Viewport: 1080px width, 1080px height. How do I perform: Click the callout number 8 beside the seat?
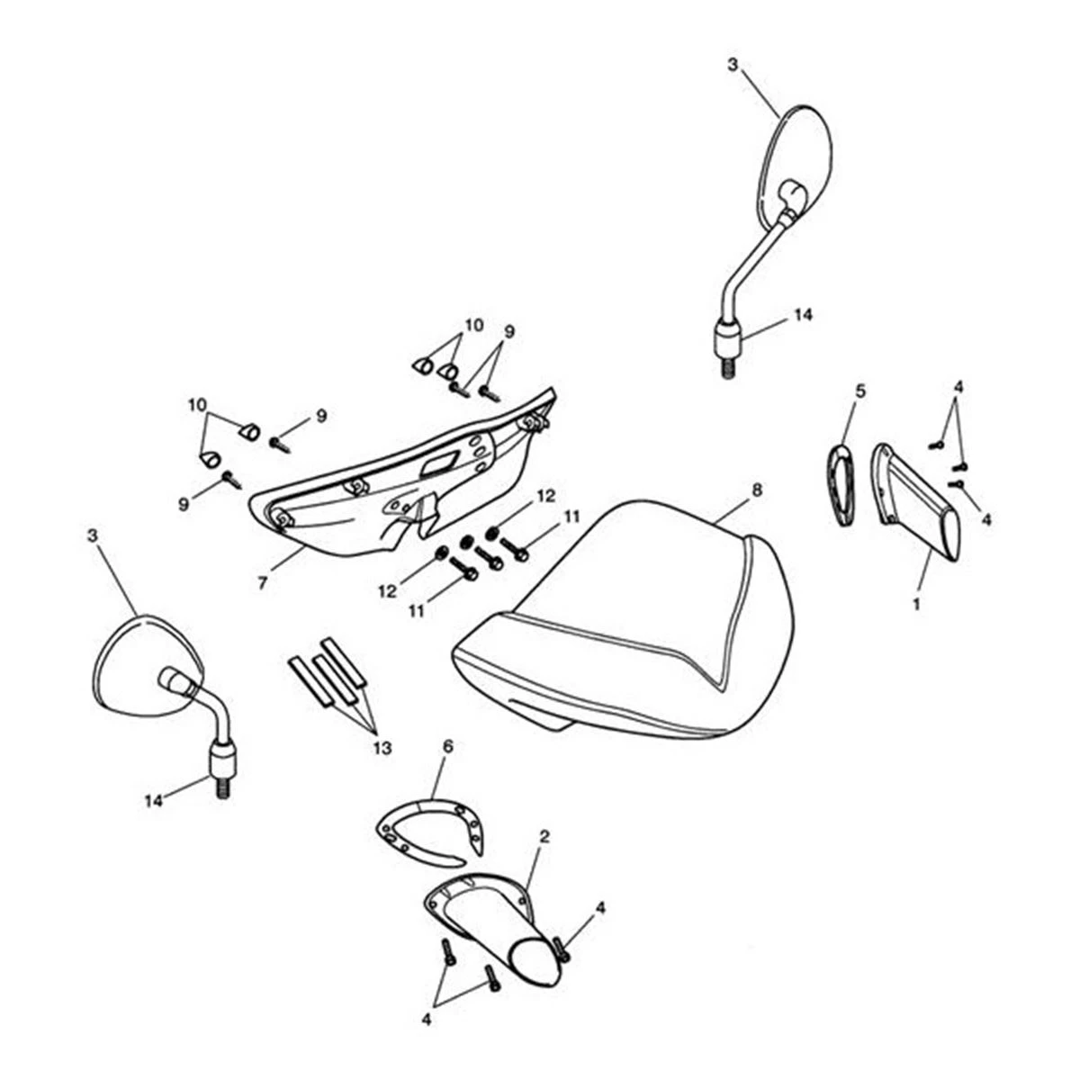757,490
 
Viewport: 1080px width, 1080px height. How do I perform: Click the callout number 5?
860,391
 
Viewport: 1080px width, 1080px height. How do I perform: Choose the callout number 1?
917,605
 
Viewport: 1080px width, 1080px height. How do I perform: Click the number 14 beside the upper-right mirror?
803,315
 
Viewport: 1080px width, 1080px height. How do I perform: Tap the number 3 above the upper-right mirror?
733,65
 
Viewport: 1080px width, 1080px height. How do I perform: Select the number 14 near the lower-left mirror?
154,801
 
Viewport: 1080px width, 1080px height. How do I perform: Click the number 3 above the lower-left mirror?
92,535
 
